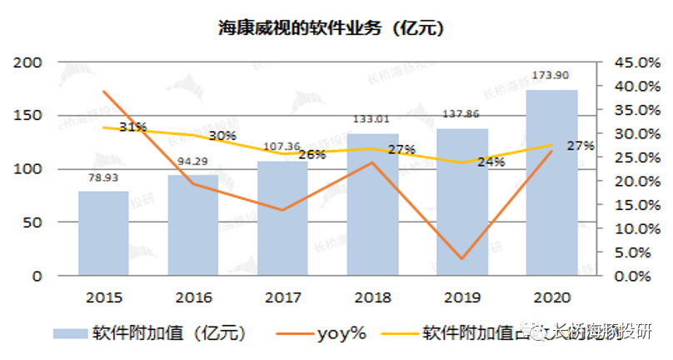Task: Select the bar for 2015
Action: [x=103, y=233]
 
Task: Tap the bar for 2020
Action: [x=552, y=183]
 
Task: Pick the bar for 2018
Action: [x=372, y=204]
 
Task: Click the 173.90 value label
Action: [x=552, y=77]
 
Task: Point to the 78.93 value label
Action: [x=103, y=177]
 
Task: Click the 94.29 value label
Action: [x=193, y=161]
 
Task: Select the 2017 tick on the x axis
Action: [x=283, y=297]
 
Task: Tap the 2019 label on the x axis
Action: [x=462, y=297]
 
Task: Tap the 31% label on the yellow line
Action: [x=133, y=127]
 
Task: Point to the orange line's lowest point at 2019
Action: [x=462, y=258]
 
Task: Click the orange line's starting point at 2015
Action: [x=103, y=92]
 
